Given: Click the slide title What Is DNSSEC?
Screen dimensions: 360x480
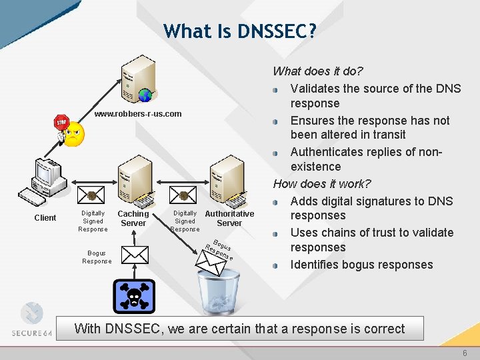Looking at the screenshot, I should pyautogui.click(x=240, y=31).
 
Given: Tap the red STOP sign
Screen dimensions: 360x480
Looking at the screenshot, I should pyautogui.click(x=61, y=123).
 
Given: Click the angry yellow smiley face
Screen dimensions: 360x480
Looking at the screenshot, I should pyautogui.click(x=73, y=133).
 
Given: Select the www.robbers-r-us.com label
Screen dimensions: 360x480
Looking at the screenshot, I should pyautogui.click(x=138, y=114).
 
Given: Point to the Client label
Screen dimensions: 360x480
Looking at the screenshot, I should pyautogui.click(x=45, y=218).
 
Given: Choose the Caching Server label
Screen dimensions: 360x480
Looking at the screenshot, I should pyautogui.click(x=133, y=219).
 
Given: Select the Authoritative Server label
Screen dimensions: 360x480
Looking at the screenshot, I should pyautogui.click(x=229, y=219).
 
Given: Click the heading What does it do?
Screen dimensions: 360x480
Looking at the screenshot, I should pyautogui.click(x=317, y=71).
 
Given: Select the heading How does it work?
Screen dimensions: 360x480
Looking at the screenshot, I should pyautogui.click(x=322, y=184).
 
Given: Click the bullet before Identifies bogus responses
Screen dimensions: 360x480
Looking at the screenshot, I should pyautogui.click(x=276, y=265).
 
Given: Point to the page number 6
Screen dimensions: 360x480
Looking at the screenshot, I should pyautogui.click(x=465, y=353).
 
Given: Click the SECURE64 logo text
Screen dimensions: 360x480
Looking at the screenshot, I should pyautogui.click(x=32, y=333).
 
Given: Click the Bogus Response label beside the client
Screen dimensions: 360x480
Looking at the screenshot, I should pyautogui.click(x=97, y=257).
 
